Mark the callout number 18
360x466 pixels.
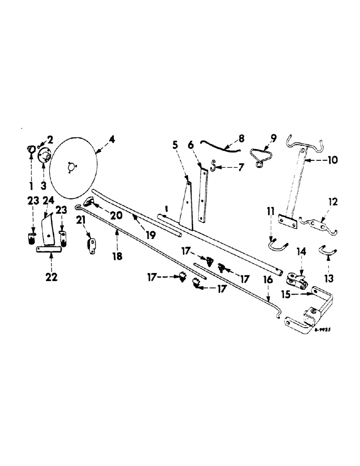click(x=117, y=256)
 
